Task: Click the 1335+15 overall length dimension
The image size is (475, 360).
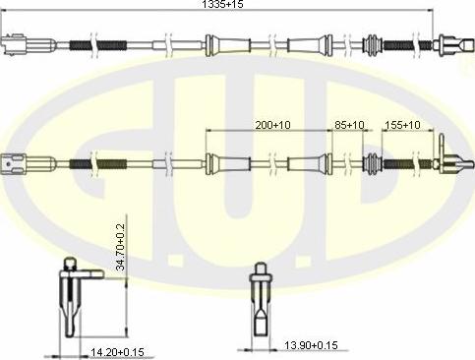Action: [x=222, y=4]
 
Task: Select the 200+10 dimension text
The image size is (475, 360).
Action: [x=272, y=125]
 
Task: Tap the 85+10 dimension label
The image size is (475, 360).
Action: [x=349, y=125]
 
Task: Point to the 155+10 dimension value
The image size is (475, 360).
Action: [x=402, y=125]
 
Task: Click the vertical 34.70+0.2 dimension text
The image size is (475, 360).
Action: [x=121, y=247]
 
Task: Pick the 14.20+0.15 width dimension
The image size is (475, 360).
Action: [x=117, y=352]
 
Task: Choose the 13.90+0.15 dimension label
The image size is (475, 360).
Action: [x=311, y=345]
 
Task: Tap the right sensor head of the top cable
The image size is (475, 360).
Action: [x=453, y=44]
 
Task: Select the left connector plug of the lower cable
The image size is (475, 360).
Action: [x=29, y=163]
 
